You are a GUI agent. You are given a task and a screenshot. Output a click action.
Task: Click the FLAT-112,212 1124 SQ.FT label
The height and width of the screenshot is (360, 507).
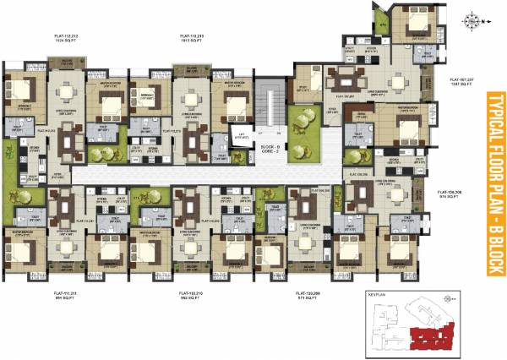[x=70, y=38]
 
